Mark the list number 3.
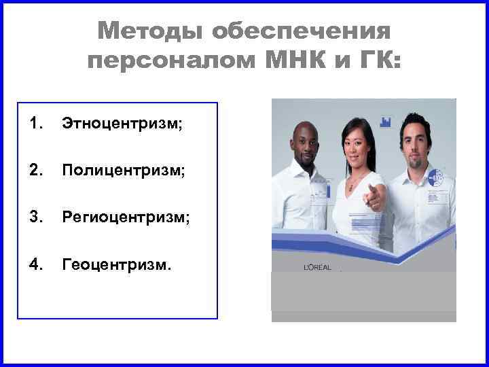(36, 218)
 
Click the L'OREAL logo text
(316, 268)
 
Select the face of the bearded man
(414, 140)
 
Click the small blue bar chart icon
(386, 122)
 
